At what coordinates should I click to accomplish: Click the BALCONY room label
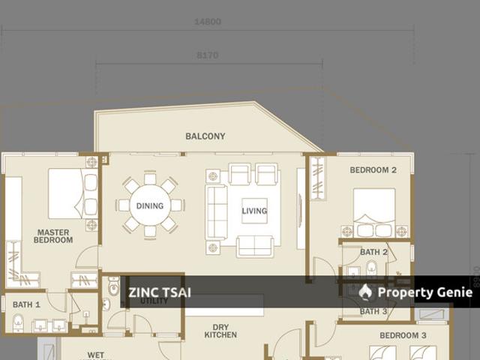click(x=205, y=136)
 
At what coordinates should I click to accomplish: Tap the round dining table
click(x=150, y=205)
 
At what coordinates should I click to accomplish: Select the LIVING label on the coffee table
click(x=254, y=211)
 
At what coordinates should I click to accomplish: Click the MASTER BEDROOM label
click(x=53, y=236)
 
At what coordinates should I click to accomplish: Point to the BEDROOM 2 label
click(x=373, y=170)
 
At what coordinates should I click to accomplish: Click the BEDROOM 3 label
click(x=403, y=335)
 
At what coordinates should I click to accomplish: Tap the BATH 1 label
click(x=26, y=304)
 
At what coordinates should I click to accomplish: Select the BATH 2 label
click(x=373, y=253)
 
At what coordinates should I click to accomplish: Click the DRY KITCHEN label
click(x=220, y=331)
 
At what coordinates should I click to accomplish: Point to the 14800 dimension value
click(x=208, y=22)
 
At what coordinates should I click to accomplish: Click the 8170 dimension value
click(x=208, y=55)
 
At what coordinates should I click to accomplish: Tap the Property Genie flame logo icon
click(x=365, y=292)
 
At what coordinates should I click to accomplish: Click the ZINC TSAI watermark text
click(x=160, y=292)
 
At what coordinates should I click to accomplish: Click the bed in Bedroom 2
click(x=374, y=211)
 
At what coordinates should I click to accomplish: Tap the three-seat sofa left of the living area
click(x=216, y=211)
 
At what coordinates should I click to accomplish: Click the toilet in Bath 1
click(x=18, y=324)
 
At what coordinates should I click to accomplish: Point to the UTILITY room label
click(x=154, y=301)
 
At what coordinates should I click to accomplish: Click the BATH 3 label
click(x=373, y=311)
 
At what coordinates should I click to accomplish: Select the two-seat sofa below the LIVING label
click(x=254, y=245)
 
